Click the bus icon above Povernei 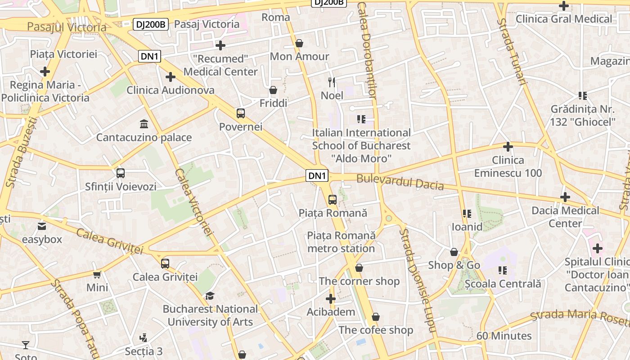[241, 113]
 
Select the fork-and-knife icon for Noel [332, 82]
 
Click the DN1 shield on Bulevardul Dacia [317, 176]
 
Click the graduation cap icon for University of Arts [210, 296]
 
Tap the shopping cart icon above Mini [97, 274]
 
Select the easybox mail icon [42, 226]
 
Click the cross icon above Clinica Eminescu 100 [508, 147]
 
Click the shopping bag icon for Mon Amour [299, 43]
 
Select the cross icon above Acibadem [331, 299]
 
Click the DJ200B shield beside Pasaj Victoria [150, 24]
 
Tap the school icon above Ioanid [467, 213]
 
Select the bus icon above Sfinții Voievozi [121, 173]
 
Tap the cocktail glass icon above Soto [26, 345]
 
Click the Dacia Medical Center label [565, 217]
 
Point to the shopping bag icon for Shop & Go [454, 252]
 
